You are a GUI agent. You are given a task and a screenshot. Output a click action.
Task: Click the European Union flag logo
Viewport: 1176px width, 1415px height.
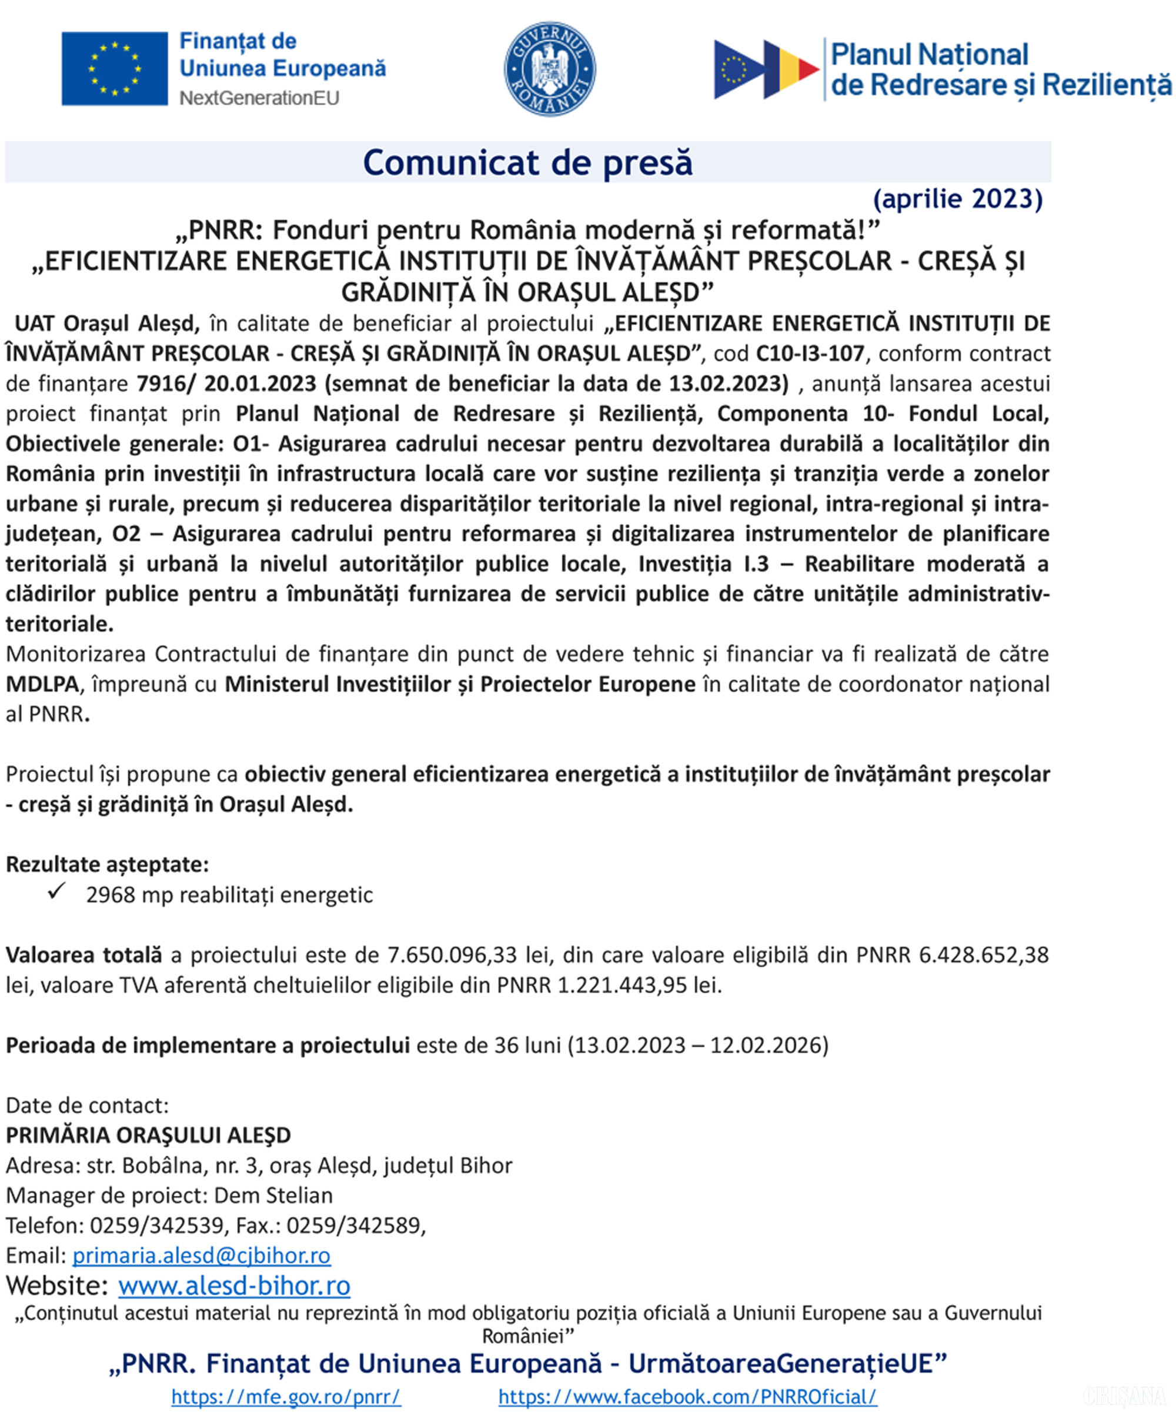point(115,68)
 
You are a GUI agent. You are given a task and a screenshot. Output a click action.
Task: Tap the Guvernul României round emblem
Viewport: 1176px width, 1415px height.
point(550,69)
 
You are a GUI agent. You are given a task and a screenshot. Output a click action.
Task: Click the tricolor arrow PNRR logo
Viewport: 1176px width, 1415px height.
point(766,69)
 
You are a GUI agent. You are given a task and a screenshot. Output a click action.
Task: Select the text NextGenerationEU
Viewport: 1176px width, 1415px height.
point(259,98)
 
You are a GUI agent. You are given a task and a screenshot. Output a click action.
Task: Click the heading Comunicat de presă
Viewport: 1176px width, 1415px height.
point(527,162)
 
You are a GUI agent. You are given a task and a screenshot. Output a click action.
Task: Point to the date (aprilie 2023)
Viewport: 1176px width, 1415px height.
point(957,199)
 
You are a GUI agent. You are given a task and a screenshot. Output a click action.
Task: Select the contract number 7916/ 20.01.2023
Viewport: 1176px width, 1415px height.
point(226,383)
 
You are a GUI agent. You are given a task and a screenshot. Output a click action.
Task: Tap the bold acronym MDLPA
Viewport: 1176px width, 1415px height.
point(42,684)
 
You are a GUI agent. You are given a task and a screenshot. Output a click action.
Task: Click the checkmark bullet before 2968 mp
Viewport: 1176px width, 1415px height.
point(57,892)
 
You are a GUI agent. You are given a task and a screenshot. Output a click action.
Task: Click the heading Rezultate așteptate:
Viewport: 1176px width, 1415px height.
point(107,865)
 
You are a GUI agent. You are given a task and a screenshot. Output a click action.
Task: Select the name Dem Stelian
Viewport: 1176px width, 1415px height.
point(273,1194)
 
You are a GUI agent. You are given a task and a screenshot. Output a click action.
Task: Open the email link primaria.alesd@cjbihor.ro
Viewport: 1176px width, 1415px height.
point(201,1255)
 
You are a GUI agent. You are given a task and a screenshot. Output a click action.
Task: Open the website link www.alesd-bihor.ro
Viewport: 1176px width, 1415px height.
point(235,1286)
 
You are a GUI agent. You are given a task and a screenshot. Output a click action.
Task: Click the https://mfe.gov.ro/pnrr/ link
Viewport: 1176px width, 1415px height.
point(286,1397)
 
